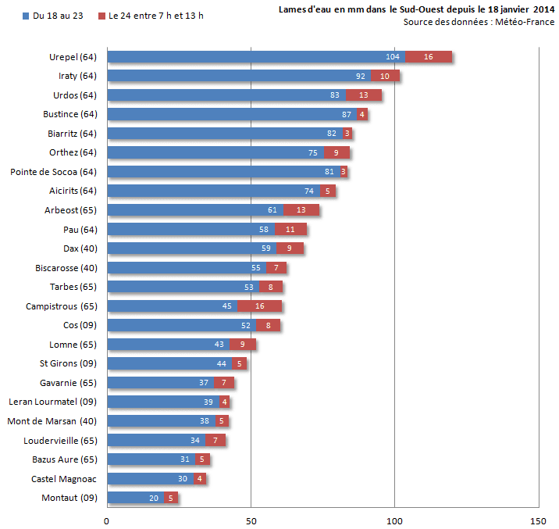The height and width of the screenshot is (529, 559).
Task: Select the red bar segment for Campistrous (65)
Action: pyautogui.click(x=259, y=306)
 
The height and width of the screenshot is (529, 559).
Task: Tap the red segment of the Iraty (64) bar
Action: pyautogui.click(x=385, y=76)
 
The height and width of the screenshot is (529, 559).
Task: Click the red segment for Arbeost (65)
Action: pyautogui.click(x=301, y=210)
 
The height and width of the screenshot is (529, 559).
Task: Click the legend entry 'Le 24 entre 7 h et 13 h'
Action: pyautogui.click(x=152, y=16)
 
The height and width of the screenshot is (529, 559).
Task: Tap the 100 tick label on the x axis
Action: pyautogui.click(x=394, y=519)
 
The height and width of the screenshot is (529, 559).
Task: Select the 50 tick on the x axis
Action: pyautogui.click(x=251, y=519)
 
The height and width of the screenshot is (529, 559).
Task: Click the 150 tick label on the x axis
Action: pyautogui.click(x=538, y=519)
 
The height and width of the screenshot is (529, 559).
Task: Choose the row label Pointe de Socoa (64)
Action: pyautogui.click(x=53, y=171)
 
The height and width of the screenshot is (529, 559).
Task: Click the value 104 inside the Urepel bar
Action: pyautogui.click(x=393, y=57)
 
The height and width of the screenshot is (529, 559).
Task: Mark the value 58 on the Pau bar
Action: pyautogui.click(x=265, y=229)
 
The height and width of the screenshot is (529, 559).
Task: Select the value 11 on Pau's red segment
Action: pyautogui.click(x=290, y=229)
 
